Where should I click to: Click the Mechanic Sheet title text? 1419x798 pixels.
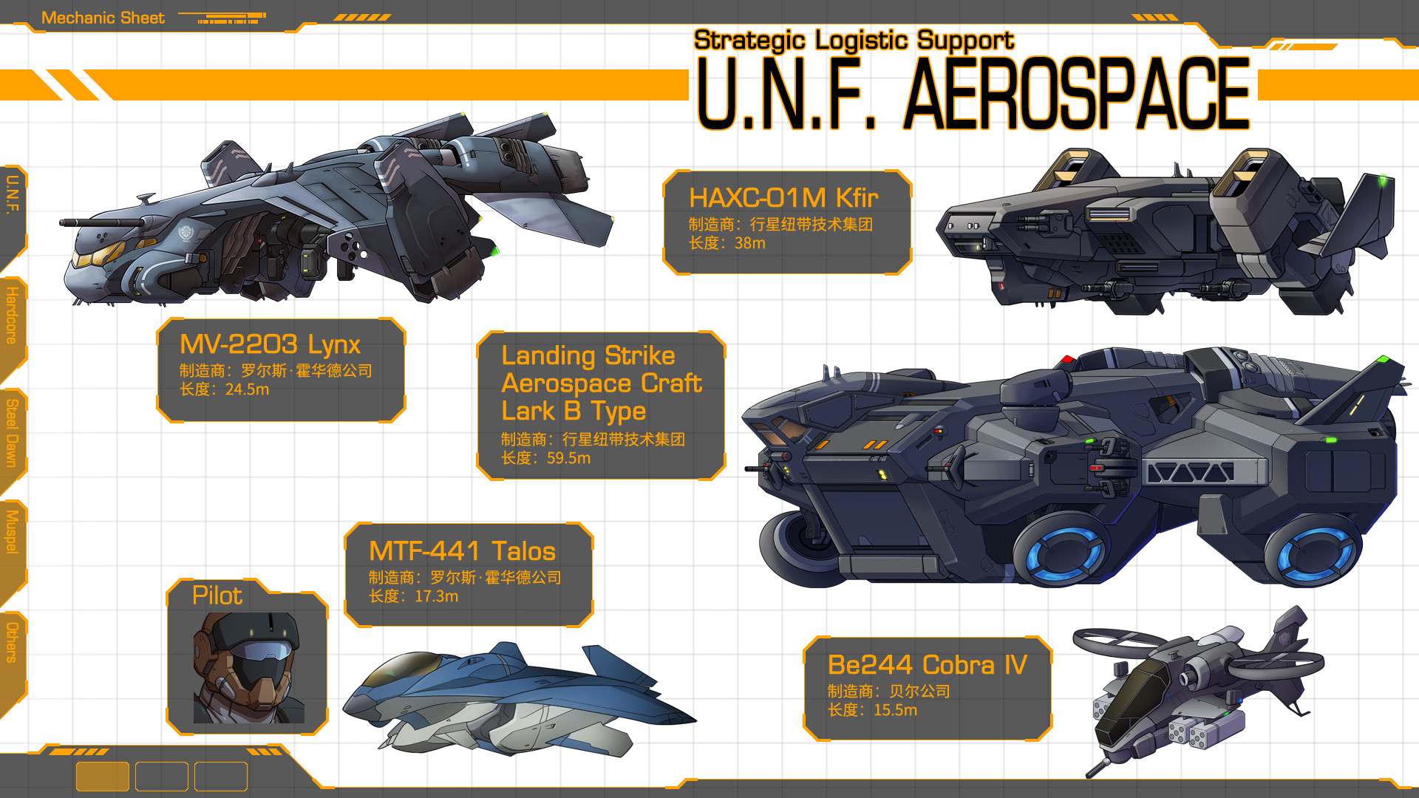pyautogui.click(x=103, y=18)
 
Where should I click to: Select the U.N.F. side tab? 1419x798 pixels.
pyautogui.click(x=12, y=195)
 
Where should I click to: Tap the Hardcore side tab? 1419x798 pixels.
pyautogui.click(x=12, y=316)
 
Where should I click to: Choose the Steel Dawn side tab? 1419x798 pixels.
pyautogui.click(x=12, y=433)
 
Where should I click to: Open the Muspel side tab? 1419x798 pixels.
pyautogui.click(x=12, y=531)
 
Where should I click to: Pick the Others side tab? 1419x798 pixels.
pyautogui.click(x=12, y=642)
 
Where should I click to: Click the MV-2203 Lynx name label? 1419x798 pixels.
pyautogui.click(x=270, y=344)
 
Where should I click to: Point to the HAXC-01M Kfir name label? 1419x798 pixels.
pyautogui.click(x=783, y=198)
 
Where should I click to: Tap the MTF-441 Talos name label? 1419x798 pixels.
pyautogui.click(x=462, y=551)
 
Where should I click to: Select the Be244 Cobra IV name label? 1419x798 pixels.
pyautogui.click(x=927, y=665)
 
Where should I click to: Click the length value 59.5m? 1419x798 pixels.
pyautogui.click(x=568, y=458)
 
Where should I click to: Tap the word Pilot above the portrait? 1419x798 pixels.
pyautogui.click(x=217, y=596)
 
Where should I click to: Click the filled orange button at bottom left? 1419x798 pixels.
pyautogui.click(x=103, y=777)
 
